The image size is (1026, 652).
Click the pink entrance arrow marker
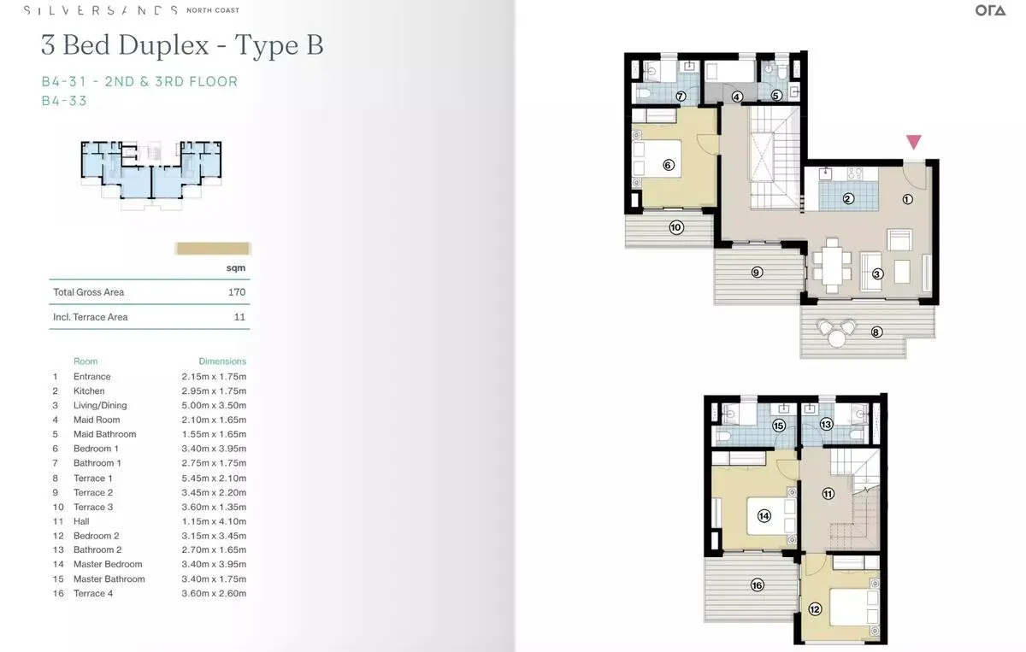[x=914, y=142]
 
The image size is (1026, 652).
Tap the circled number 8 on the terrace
[x=876, y=332]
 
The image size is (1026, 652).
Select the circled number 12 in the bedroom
[x=815, y=609]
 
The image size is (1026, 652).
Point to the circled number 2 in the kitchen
[x=848, y=199]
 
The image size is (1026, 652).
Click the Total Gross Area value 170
[x=237, y=292]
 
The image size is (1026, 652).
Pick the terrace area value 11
[x=239, y=317]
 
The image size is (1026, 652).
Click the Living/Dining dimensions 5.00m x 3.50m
[x=214, y=405]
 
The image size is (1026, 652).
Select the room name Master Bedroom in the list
[x=108, y=564]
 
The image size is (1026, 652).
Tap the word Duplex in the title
[x=163, y=45]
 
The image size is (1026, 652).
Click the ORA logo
[x=990, y=10]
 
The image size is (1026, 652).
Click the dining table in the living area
[x=832, y=266]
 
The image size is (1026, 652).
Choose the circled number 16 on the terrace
[x=758, y=585]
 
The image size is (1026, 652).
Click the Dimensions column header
[x=222, y=361]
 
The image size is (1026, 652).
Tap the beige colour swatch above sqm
[x=213, y=249]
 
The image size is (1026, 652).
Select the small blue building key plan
[x=151, y=175]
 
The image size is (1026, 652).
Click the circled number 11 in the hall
[x=828, y=494]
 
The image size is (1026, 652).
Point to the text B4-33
[x=64, y=101]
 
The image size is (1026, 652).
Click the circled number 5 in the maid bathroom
[x=776, y=95]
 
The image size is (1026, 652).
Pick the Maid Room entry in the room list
[x=97, y=420]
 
